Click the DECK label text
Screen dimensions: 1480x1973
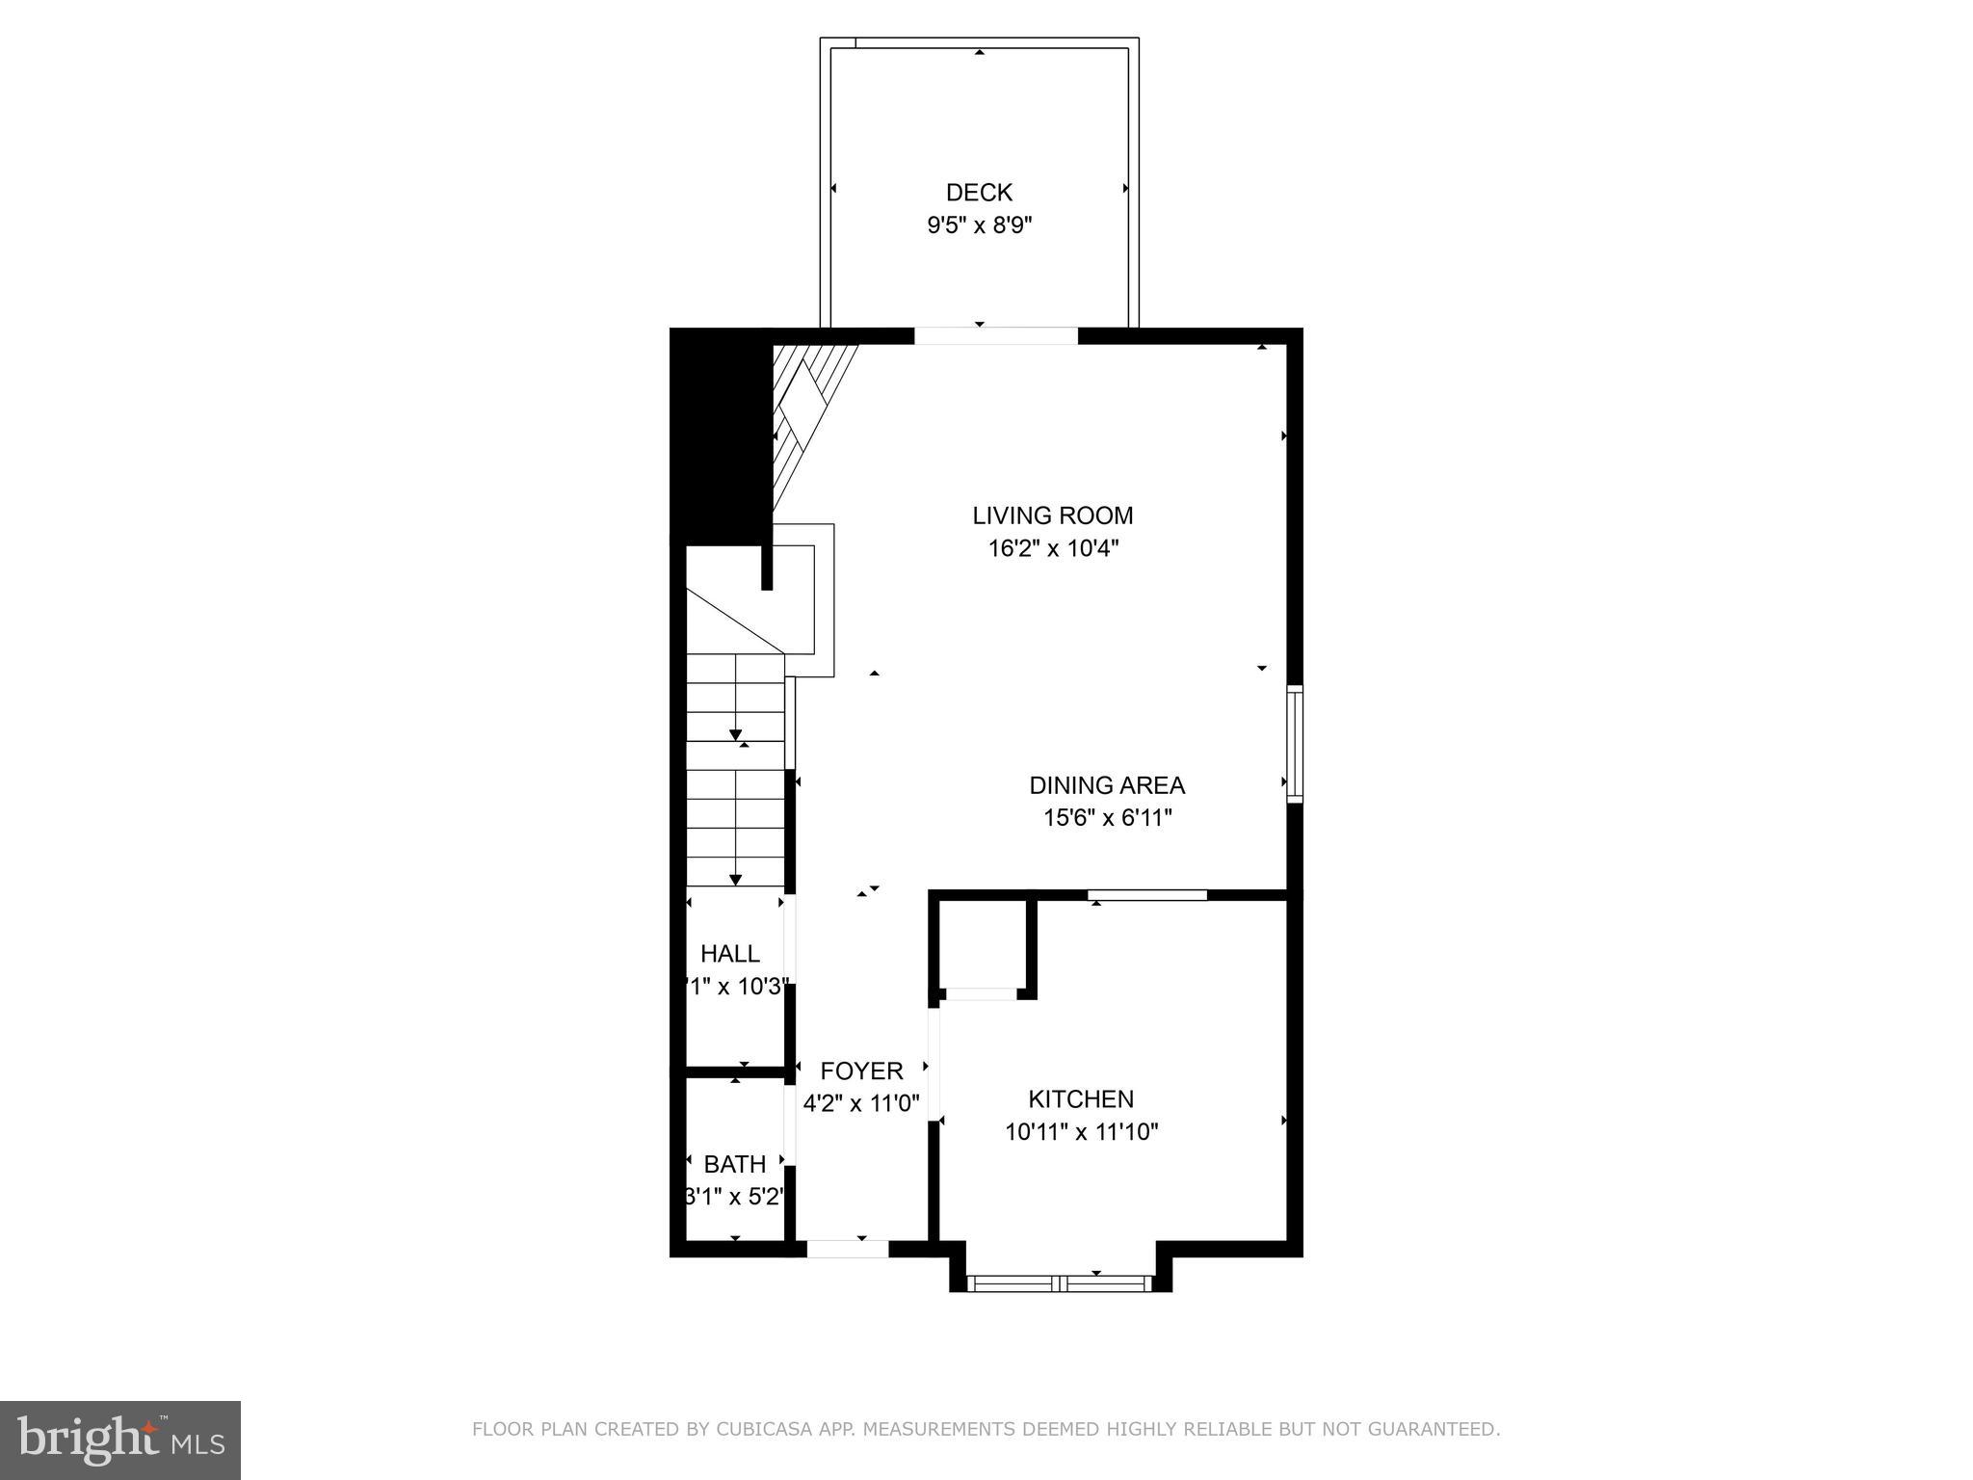(979, 193)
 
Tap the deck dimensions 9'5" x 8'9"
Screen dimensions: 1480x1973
(979, 225)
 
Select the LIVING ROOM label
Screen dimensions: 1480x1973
(1052, 515)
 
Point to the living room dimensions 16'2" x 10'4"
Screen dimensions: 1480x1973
(1052, 548)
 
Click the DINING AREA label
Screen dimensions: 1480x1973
(1107, 785)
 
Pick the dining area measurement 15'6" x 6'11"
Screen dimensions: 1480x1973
(1107, 818)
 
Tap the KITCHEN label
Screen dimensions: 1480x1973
(1081, 1098)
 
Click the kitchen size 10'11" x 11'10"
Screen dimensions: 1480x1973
(1081, 1131)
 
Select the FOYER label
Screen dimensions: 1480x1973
(861, 1070)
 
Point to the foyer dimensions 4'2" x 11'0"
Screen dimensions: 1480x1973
(861, 1103)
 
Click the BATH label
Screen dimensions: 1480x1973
(734, 1164)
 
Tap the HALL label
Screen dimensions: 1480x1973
(730, 953)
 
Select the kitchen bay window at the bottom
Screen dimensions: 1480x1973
(1060, 1282)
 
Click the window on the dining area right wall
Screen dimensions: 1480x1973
(1295, 743)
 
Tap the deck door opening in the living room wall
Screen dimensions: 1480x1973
(995, 335)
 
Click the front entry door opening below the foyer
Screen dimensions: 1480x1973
(847, 1249)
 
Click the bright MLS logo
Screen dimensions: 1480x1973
(120, 1440)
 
